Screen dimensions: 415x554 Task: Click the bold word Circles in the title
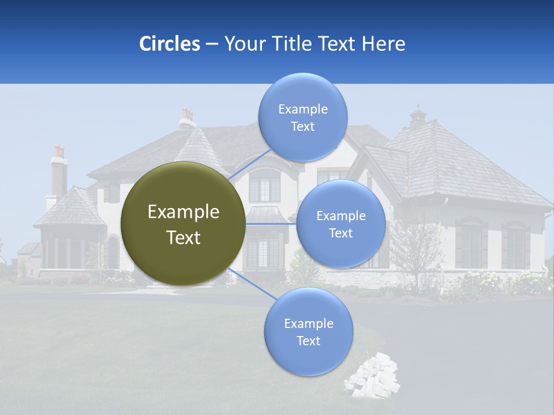click(170, 44)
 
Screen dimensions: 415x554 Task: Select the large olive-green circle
click(183, 224)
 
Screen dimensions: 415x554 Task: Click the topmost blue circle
click(302, 118)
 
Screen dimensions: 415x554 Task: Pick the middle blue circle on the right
click(340, 224)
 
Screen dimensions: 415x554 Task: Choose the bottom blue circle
click(308, 332)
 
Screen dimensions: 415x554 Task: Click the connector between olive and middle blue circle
click(271, 224)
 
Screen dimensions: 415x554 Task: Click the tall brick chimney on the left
click(59, 173)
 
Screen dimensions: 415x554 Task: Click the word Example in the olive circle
click(183, 212)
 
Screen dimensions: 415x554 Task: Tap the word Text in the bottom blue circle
click(308, 341)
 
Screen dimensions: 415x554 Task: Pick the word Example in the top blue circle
click(302, 109)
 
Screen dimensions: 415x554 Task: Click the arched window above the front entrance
click(264, 184)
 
